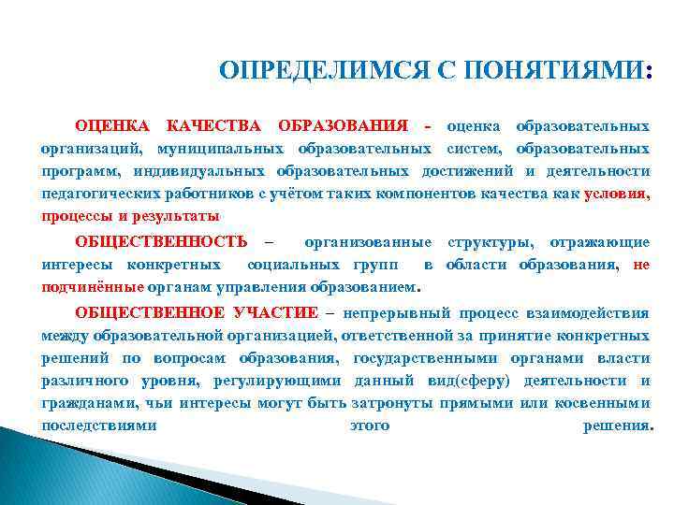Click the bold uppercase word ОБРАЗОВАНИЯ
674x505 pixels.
coord(342,126)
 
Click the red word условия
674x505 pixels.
coord(614,194)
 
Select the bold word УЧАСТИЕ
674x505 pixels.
coord(275,312)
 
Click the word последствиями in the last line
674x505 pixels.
coord(98,426)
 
